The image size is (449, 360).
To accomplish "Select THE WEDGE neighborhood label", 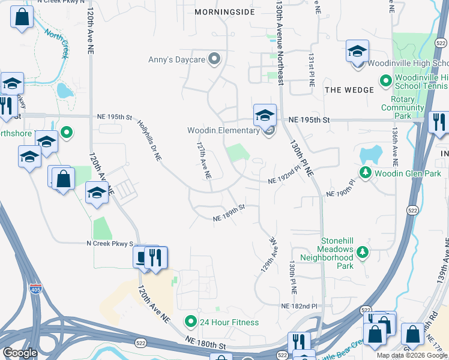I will [x=349, y=89].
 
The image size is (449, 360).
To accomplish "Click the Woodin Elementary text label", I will [x=223, y=130].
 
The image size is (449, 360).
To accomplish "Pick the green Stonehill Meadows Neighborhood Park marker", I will [x=362, y=251].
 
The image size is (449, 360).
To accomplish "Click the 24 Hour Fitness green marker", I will [x=191, y=322].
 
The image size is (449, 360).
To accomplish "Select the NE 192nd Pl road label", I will [x=283, y=178].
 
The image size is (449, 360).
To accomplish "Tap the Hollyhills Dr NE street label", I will [x=149, y=139].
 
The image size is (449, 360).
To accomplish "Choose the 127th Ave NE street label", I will [x=204, y=160].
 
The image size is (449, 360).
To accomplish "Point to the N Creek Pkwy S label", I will [x=108, y=243].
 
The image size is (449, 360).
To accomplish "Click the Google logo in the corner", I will [x=20, y=353].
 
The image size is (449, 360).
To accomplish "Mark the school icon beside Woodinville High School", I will [x=357, y=52].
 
